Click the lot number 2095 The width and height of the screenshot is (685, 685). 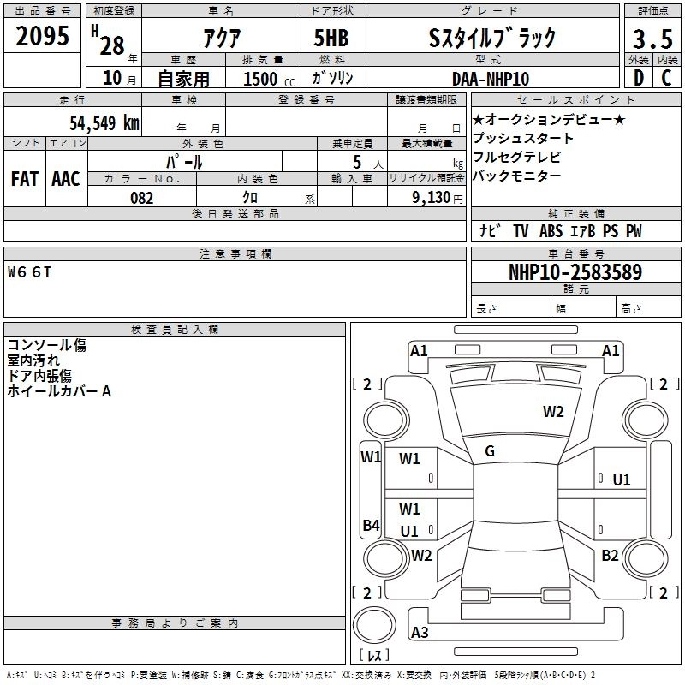point(42,37)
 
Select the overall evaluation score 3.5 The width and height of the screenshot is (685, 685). point(651,39)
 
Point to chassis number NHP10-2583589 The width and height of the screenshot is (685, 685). point(575,273)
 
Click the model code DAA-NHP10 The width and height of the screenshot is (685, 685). point(490,79)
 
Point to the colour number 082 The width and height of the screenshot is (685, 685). point(142,198)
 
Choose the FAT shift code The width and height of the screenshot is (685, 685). point(24,179)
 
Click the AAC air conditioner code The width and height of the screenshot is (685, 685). point(65,179)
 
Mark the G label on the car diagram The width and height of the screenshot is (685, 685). point(490,451)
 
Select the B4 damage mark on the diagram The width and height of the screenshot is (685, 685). point(371,526)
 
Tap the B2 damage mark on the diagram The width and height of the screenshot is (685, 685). point(610,556)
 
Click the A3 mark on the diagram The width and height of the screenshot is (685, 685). point(420,633)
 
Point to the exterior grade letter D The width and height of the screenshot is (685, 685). point(638,79)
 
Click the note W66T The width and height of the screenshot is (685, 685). point(30,273)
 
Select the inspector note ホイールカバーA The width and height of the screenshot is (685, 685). point(59,391)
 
